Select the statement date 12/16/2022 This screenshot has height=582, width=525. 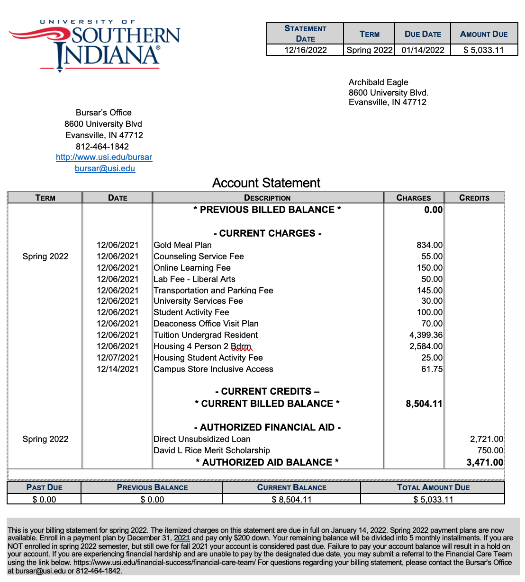point(305,50)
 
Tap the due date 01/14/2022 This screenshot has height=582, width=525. point(423,50)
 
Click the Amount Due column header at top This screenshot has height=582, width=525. point(484,34)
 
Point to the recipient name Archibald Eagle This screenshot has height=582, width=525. point(378,82)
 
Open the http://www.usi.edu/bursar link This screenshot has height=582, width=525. point(104,157)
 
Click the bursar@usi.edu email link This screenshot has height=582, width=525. point(105,168)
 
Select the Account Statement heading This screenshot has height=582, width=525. point(266,183)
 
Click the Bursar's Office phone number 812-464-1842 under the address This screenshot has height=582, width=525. point(102,147)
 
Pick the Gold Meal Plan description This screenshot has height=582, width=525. point(183,245)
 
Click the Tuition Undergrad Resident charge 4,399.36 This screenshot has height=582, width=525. point(426,335)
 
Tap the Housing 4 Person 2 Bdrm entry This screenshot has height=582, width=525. point(202,346)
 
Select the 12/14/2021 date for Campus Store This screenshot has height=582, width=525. point(118,369)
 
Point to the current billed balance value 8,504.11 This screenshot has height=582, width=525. point(424,404)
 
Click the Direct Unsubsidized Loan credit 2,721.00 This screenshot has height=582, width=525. point(487,439)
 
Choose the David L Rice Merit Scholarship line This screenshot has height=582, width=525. point(212,450)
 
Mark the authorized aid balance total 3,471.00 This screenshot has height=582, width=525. point(485,462)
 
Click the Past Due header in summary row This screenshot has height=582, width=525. point(45,487)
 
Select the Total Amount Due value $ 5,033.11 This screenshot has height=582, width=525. point(433,500)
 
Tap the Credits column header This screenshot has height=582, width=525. point(474,198)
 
